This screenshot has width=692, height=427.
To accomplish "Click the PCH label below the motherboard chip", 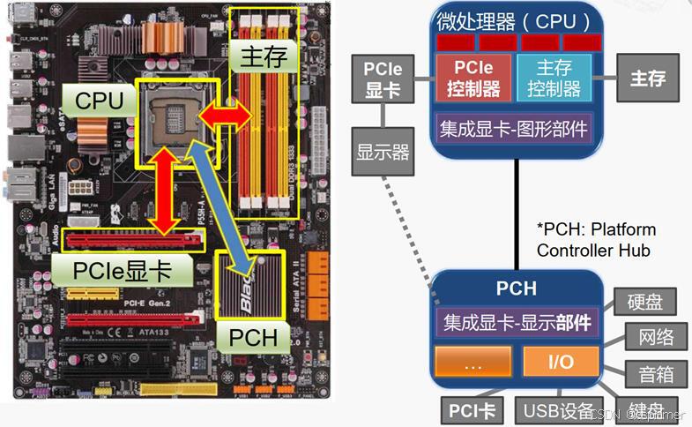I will (x=254, y=337).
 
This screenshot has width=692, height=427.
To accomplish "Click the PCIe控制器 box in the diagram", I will (x=473, y=78).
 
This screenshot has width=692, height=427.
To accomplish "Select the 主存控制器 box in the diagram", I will (x=554, y=78).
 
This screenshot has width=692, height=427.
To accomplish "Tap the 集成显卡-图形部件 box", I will (x=514, y=128).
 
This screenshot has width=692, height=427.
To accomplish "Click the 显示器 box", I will (x=383, y=151).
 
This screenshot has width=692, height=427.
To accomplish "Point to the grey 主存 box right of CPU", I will (x=647, y=78).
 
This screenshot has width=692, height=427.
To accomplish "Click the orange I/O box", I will (x=561, y=363).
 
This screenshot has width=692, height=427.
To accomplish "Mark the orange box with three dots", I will (x=472, y=363).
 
